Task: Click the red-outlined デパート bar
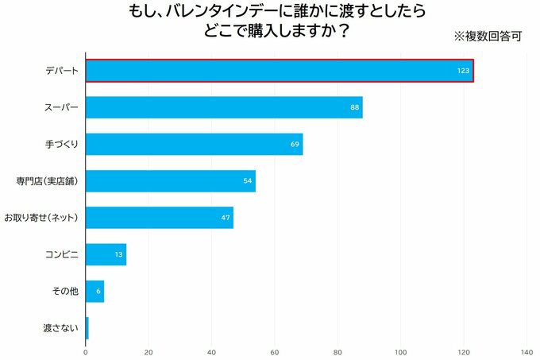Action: click(x=278, y=71)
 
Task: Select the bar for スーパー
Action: click(x=222, y=107)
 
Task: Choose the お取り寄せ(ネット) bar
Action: click(x=158, y=218)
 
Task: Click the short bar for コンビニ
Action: click(x=106, y=254)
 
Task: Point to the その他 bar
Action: click(x=94, y=291)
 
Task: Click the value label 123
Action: click(x=464, y=72)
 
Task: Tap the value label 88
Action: click(x=355, y=108)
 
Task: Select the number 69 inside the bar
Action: click(x=295, y=145)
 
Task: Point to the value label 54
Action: click(x=248, y=181)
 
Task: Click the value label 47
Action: click(x=226, y=218)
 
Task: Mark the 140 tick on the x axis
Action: click(x=526, y=351)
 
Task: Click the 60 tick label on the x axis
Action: click(x=275, y=351)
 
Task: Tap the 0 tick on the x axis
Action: click(x=86, y=351)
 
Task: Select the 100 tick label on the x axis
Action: click(x=400, y=351)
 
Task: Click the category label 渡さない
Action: click(x=61, y=327)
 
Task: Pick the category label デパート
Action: click(x=62, y=72)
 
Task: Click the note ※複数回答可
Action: click(x=487, y=36)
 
